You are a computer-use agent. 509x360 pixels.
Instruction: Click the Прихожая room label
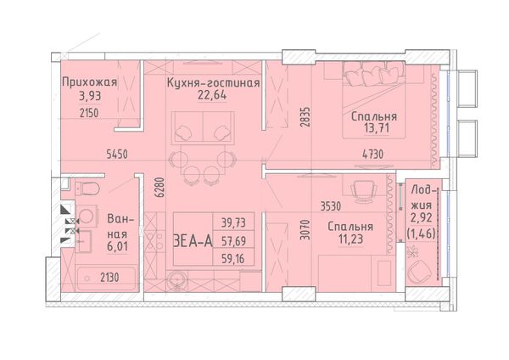click(89, 82)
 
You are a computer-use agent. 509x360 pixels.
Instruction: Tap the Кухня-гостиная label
click(213, 83)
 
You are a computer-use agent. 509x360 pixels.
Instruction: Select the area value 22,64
click(212, 96)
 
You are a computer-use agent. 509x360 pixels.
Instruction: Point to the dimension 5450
click(117, 155)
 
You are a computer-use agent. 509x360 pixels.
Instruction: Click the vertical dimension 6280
click(159, 188)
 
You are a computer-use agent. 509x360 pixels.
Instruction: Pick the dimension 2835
click(305, 117)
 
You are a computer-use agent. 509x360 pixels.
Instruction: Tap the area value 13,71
click(377, 128)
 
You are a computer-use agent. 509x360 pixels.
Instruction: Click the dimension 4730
click(372, 154)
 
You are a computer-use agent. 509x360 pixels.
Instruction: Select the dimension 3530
click(331, 206)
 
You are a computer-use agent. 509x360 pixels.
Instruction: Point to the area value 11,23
click(350, 239)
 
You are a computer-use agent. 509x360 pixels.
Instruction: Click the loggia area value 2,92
click(422, 217)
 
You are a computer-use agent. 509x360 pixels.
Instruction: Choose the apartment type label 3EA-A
click(193, 241)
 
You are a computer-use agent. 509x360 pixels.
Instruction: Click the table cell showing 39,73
click(233, 223)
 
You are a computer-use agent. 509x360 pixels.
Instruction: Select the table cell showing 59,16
click(233, 259)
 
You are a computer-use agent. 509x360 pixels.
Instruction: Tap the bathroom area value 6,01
click(118, 246)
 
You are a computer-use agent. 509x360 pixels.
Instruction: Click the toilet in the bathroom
click(87, 188)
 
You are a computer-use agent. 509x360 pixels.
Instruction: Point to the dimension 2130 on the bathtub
click(109, 278)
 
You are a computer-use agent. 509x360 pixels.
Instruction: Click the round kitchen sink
click(177, 280)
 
